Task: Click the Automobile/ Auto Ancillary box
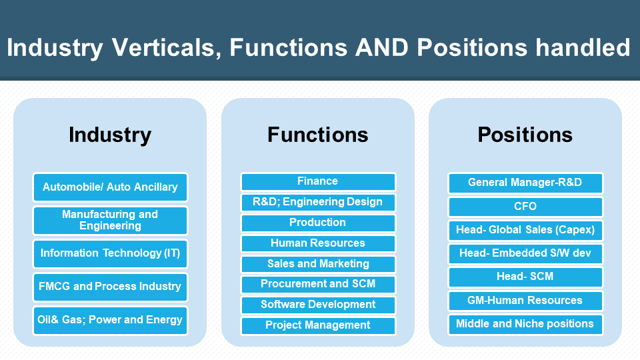[x=110, y=187]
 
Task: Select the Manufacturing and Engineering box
[x=110, y=221]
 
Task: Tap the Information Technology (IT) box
[x=110, y=254]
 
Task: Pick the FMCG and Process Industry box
[x=110, y=287]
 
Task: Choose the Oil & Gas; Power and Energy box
[x=110, y=321]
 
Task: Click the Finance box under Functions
[x=319, y=182]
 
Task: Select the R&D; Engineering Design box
[x=319, y=203]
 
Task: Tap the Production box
[x=319, y=223]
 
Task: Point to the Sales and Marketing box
[x=319, y=264]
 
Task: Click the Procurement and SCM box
[x=319, y=285]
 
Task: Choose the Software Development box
[x=319, y=305]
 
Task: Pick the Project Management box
[x=319, y=326]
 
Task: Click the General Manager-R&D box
[x=526, y=183]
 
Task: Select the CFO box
[x=526, y=207]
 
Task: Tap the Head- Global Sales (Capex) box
[x=526, y=231]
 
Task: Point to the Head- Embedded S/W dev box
[x=526, y=254]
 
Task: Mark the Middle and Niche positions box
[x=526, y=325]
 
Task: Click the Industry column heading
[x=110, y=135]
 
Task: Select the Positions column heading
[x=525, y=135]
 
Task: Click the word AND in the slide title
[x=381, y=47]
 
